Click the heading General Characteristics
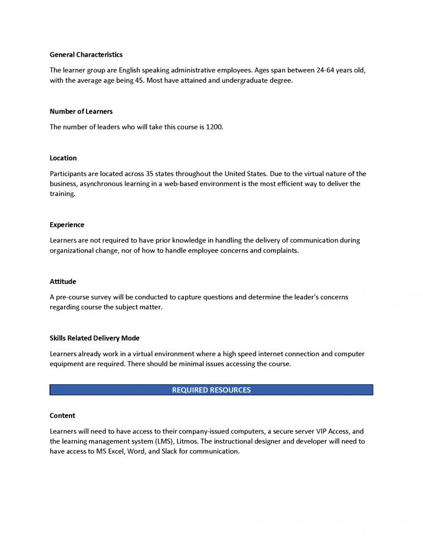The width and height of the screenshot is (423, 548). pos(86,55)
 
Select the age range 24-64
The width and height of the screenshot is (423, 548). pos(326,71)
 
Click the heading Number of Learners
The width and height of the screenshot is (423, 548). pos(81,111)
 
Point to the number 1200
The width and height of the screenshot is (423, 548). pos(214,127)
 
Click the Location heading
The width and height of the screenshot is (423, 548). pos(63,158)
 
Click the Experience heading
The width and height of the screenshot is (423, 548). pos(67,225)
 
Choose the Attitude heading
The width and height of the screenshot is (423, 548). pos(63,282)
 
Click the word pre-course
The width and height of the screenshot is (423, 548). pos(76,297)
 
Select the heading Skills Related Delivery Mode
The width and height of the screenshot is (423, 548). pos(94,338)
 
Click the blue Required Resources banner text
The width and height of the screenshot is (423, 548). pos(211,390)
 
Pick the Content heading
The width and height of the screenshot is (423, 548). pos(62,416)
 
